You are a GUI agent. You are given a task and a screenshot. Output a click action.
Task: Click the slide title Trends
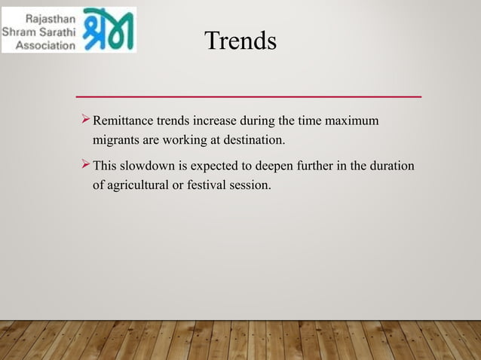click(x=240, y=41)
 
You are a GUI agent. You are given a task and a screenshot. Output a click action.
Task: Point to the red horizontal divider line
click(x=249, y=97)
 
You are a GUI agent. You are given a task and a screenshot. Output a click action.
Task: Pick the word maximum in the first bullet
click(x=353, y=122)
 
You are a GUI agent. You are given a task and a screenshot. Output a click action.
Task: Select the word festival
click(x=211, y=184)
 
